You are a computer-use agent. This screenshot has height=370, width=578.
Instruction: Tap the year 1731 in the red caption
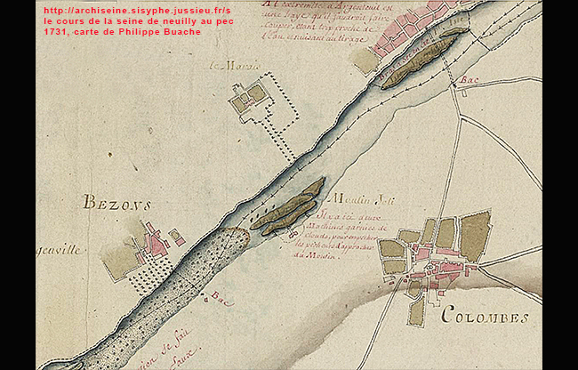56,32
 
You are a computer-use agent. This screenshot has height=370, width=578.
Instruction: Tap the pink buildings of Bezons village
157,241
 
